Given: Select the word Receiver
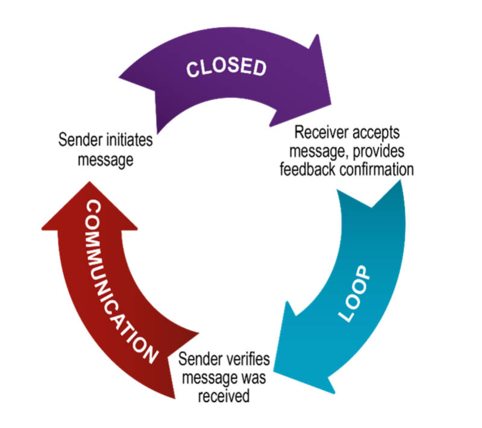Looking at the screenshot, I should coord(318,132).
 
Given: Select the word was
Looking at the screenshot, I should coord(255,379).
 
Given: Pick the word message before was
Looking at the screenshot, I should coord(211,379).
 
